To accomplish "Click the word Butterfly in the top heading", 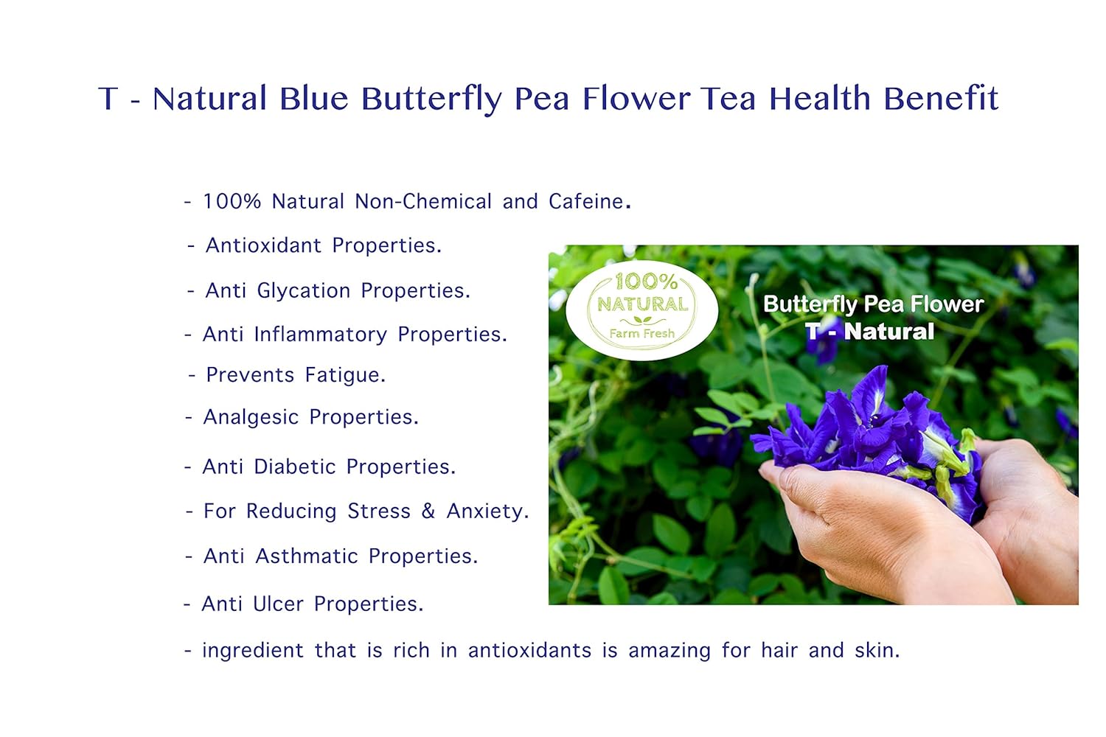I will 431,99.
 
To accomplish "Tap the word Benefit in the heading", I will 941,98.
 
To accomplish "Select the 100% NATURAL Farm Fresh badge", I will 642,310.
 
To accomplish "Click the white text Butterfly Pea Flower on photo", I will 873,304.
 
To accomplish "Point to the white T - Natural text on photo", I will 869,332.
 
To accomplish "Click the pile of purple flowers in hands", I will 870,435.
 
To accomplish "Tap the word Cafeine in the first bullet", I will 586,201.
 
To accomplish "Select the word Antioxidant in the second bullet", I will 263,245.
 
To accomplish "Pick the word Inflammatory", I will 320,335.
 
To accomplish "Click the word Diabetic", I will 294,467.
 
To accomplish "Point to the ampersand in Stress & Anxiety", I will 428,511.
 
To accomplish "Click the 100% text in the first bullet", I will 232,201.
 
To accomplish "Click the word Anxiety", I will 487,511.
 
